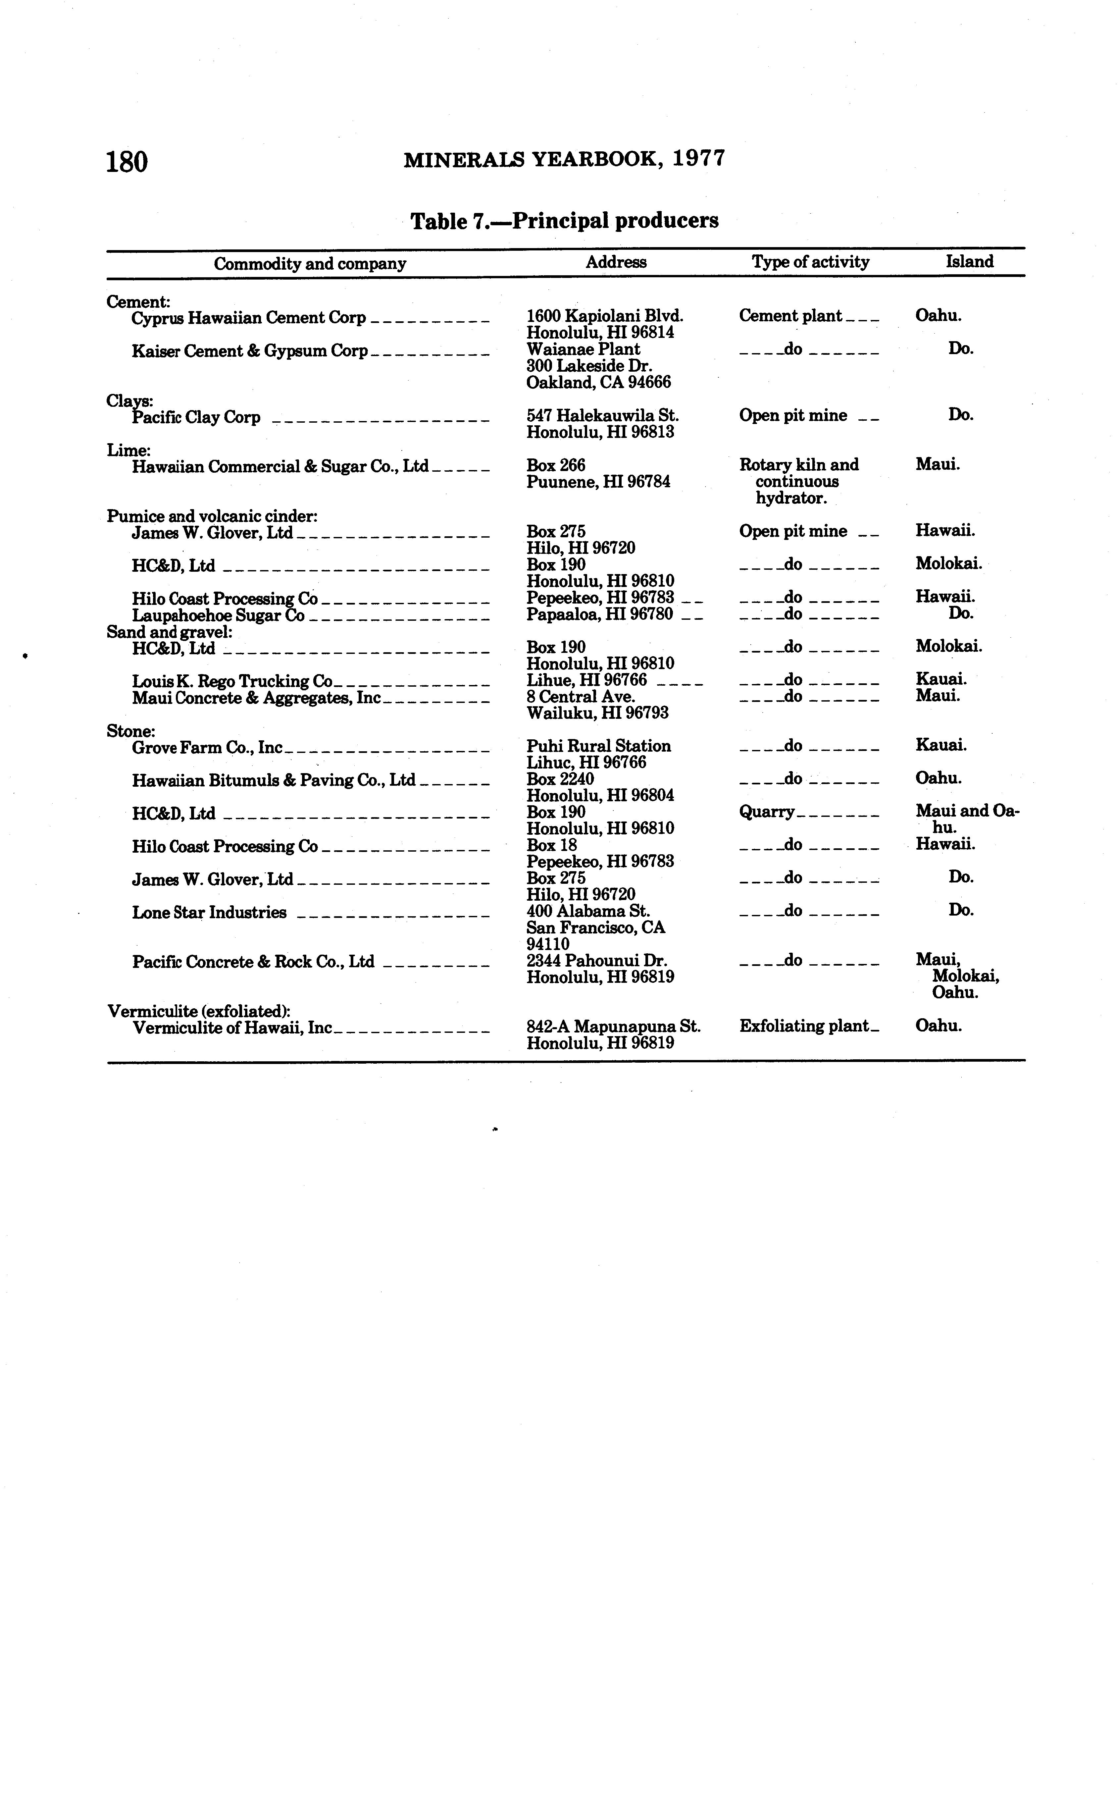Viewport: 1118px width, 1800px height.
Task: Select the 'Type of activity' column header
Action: point(810,262)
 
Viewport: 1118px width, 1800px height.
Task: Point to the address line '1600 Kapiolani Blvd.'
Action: point(604,316)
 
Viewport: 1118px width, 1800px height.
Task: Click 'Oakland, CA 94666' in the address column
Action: point(598,382)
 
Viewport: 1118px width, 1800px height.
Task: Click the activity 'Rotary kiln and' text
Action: point(798,465)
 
